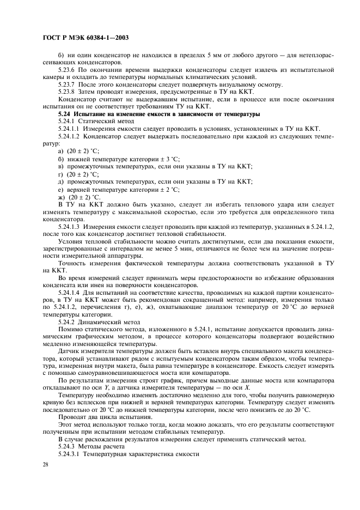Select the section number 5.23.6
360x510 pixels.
click(68, 70)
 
